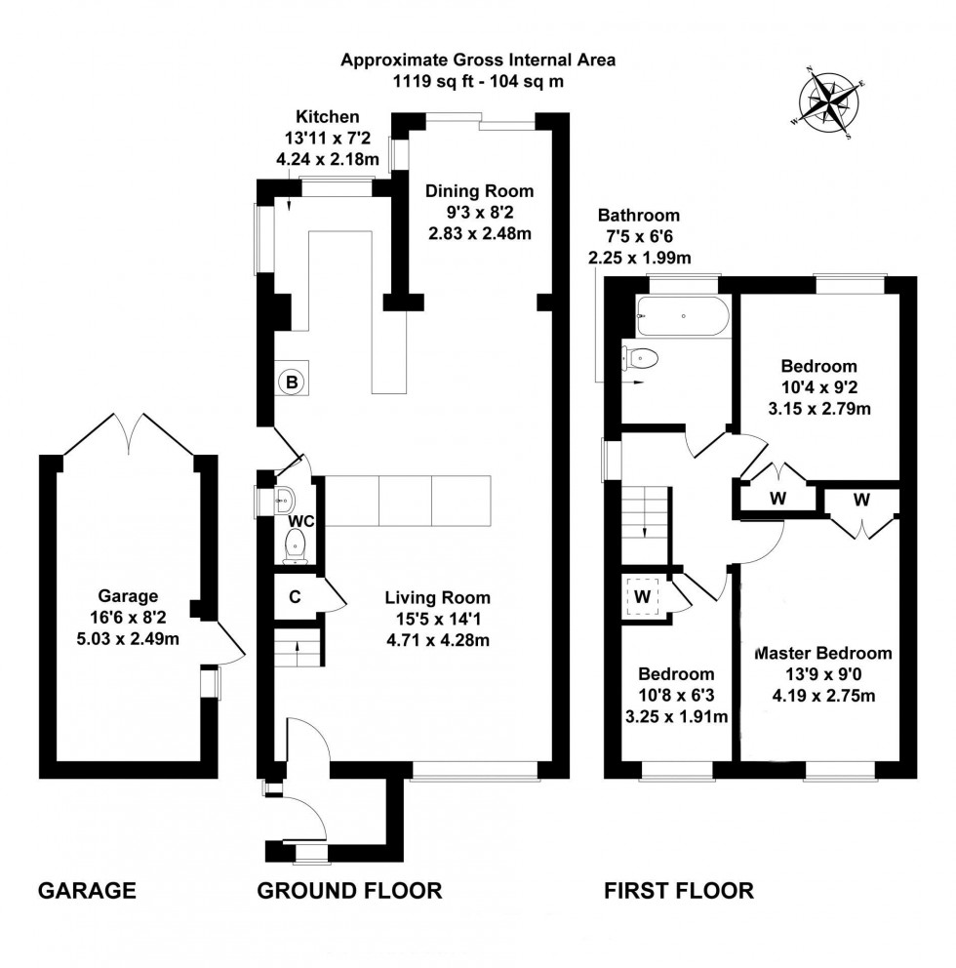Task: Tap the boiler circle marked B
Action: click(291, 382)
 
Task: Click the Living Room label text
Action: click(437, 598)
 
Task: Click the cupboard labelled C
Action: click(293, 595)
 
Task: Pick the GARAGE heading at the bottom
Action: click(86, 890)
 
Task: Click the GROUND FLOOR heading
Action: click(349, 890)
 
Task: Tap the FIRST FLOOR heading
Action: click(679, 890)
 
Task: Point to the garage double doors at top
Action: click(130, 430)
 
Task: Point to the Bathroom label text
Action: click(639, 216)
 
